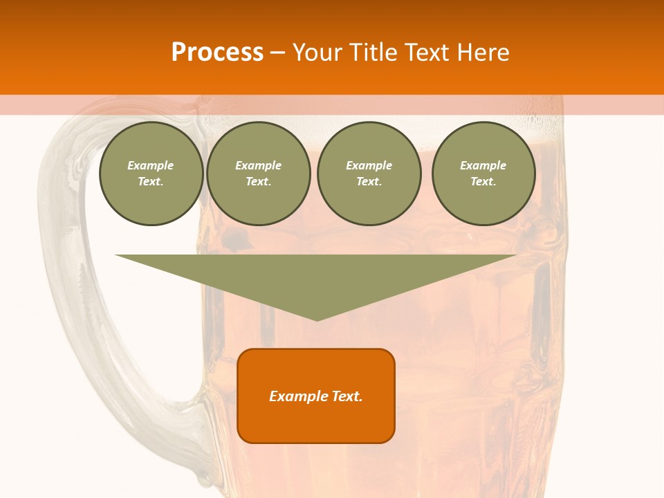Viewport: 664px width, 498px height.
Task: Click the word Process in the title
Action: [217, 53]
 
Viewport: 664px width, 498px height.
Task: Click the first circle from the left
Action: [151, 174]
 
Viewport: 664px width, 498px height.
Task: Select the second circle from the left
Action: [259, 174]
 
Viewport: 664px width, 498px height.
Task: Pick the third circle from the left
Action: [369, 174]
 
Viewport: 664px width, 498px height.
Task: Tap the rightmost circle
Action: [483, 174]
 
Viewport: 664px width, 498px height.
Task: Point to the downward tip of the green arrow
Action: [317, 320]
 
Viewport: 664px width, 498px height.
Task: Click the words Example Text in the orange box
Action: [316, 396]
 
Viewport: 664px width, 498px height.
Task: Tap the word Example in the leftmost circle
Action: [151, 165]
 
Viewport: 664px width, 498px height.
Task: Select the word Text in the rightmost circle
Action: [483, 182]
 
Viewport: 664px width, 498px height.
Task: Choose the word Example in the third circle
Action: [369, 165]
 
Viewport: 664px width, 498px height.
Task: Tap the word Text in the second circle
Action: [258, 182]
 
